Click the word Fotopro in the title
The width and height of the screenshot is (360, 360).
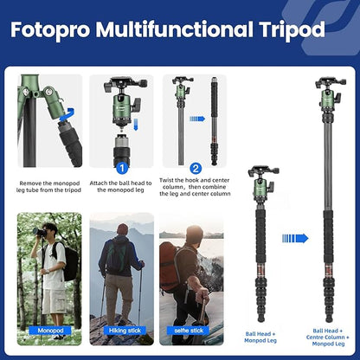[48, 30]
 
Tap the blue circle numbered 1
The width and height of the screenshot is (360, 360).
[122, 168]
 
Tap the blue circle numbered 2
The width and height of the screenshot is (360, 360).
[196, 168]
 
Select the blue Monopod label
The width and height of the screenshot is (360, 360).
[49, 331]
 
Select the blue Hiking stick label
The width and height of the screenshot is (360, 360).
[122, 331]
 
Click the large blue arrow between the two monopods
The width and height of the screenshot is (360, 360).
[295, 238]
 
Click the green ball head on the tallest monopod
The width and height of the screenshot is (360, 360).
[329, 96]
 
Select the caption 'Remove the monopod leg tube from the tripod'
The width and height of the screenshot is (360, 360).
[49, 187]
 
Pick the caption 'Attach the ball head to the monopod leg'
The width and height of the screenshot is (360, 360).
[122, 187]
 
